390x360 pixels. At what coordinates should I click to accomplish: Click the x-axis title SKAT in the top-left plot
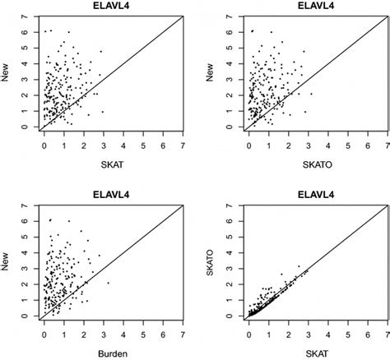coord(111,163)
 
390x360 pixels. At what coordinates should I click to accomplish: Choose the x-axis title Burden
coord(111,353)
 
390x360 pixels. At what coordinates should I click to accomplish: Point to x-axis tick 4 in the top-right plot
coord(329,143)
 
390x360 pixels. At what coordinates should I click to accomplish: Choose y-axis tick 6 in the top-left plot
coord(26,32)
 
